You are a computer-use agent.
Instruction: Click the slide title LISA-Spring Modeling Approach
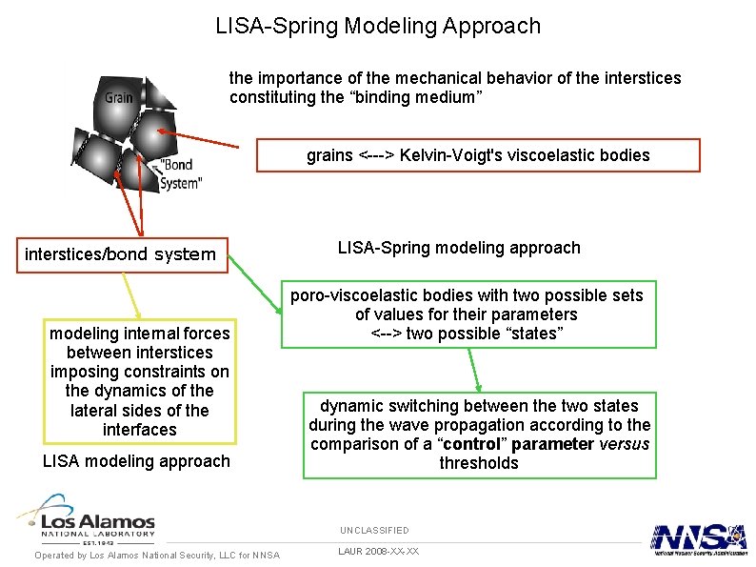click(x=378, y=26)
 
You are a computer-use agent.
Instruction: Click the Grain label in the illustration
click(x=118, y=97)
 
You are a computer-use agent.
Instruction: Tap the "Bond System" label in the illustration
click(x=181, y=173)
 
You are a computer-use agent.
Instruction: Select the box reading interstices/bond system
click(x=121, y=254)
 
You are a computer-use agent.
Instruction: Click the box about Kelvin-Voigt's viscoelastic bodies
click(x=478, y=155)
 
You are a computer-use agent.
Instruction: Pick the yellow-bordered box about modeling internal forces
click(x=140, y=381)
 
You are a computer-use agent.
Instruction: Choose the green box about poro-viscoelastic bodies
click(x=466, y=314)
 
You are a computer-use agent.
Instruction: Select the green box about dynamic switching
click(x=479, y=435)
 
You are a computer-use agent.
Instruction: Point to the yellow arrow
click(x=132, y=295)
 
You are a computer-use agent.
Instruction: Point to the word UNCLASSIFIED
click(x=374, y=530)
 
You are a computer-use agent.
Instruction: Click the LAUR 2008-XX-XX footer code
click(x=378, y=552)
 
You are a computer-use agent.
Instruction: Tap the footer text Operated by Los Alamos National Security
click(x=157, y=555)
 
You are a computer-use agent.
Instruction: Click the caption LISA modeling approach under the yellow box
click(x=137, y=461)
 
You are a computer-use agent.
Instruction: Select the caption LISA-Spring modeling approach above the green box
click(x=459, y=248)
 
